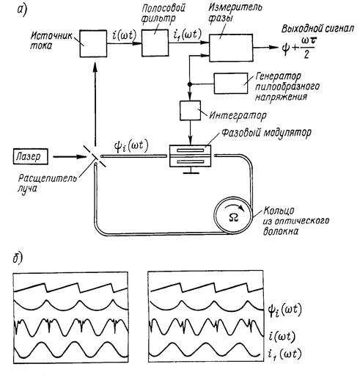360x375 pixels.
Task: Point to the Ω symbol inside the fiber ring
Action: pos(234,217)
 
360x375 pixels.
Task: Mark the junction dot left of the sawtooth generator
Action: pos(189,84)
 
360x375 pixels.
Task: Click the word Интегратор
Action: pos(238,115)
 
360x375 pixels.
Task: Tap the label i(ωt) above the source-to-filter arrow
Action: pos(124,35)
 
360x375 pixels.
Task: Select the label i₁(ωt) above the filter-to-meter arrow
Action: pos(187,34)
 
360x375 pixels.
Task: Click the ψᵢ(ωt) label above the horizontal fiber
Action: pos(131,147)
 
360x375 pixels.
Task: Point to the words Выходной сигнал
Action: pos(317,29)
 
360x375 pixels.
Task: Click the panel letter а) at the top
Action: pos(22,11)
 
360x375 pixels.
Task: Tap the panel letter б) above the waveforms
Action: pos(18,258)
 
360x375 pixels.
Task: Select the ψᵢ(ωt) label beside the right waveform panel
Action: pos(284,310)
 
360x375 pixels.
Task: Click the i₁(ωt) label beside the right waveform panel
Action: pos(284,354)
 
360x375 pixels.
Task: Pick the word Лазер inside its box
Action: pos(29,156)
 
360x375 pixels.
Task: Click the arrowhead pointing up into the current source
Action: pos(95,67)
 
